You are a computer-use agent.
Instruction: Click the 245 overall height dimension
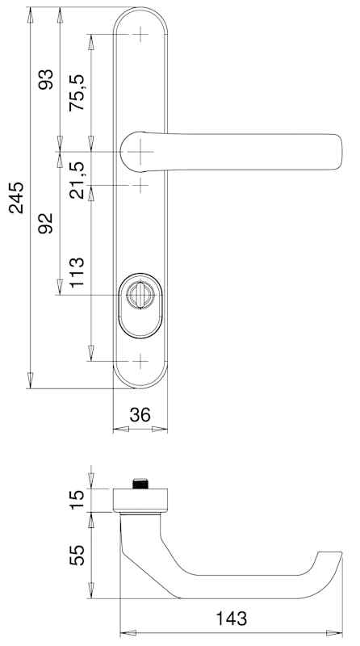[16, 198]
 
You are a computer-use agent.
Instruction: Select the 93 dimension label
[46, 79]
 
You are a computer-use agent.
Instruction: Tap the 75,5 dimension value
[77, 92]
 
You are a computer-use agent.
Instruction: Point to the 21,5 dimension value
[77, 180]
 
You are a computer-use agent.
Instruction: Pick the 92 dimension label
[46, 224]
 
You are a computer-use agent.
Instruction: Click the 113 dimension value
[77, 272]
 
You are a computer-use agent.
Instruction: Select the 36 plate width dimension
[140, 415]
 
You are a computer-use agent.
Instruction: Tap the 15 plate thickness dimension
[77, 500]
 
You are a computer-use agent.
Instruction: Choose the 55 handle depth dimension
[77, 555]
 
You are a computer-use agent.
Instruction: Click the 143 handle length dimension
[231, 619]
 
